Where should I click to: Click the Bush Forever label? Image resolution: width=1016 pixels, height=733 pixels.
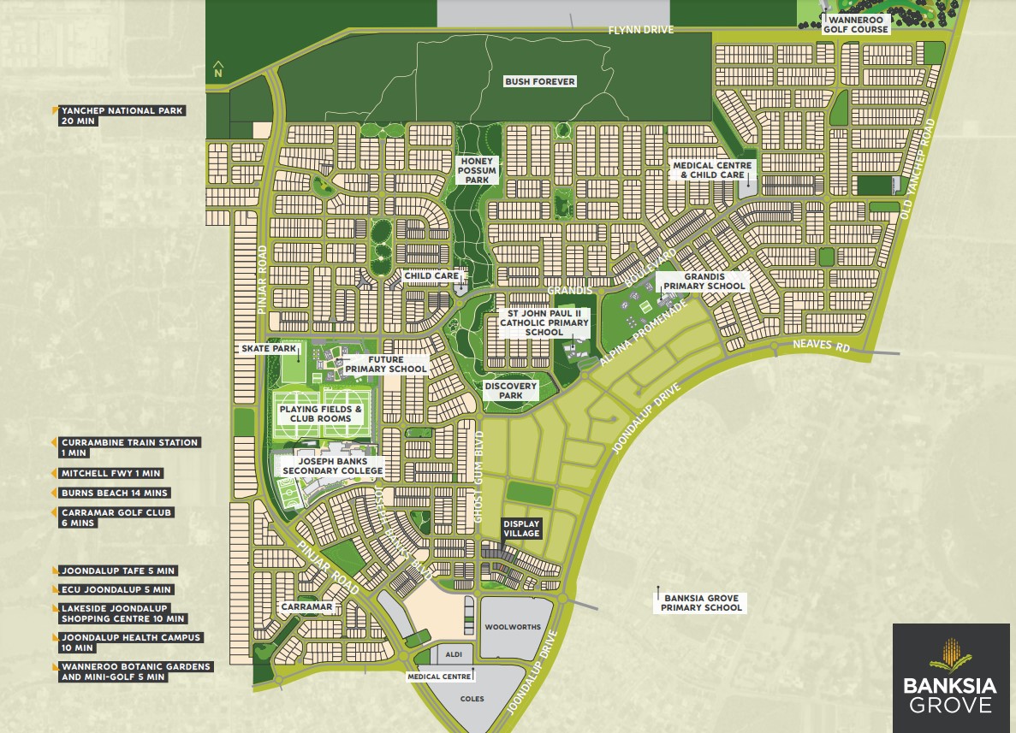(539, 81)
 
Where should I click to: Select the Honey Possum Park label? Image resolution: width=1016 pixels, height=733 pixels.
(477, 170)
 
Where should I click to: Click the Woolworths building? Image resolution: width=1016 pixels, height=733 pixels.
(513, 627)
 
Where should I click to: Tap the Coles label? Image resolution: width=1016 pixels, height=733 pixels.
(472, 699)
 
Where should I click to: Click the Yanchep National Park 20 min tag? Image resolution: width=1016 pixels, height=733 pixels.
(120, 115)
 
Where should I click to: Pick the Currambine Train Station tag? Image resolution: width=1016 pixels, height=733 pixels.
(128, 447)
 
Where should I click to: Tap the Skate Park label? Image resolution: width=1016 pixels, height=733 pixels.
(269, 349)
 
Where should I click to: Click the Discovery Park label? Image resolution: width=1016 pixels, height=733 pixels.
(511, 390)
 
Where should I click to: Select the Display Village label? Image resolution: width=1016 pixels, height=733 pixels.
(521, 528)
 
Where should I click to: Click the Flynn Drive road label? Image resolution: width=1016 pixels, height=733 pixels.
(640, 30)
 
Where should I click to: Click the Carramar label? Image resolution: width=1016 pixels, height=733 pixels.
(306, 606)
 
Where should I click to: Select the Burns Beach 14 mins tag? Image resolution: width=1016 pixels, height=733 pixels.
(113, 494)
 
